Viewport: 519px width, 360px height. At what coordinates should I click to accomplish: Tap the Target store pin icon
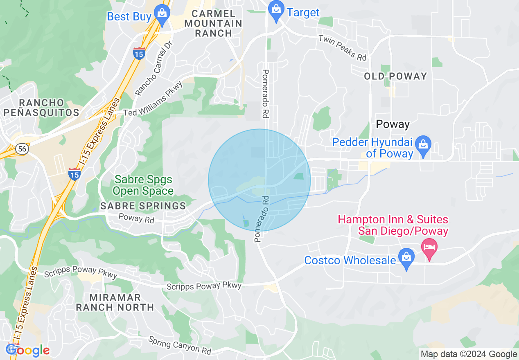[x=276, y=10]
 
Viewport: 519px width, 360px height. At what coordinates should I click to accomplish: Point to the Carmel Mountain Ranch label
[x=213, y=24]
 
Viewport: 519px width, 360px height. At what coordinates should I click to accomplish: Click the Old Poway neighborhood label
[x=395, y=76]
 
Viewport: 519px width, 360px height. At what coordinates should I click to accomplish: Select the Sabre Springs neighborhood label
[x=143, y=206]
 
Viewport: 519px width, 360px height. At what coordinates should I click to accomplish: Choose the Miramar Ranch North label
[x=115, y=302]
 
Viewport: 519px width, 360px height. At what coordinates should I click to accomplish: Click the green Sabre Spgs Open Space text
[x=143, y=185]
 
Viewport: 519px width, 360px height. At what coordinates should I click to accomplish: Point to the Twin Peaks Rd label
[x=342, y=48]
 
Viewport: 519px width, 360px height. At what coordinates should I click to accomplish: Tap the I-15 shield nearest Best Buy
[x=139, y=53]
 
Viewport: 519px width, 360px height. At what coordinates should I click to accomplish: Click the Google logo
[x=28, y=350]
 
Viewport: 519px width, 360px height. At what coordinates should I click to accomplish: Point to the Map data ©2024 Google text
[x=469, y=354]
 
